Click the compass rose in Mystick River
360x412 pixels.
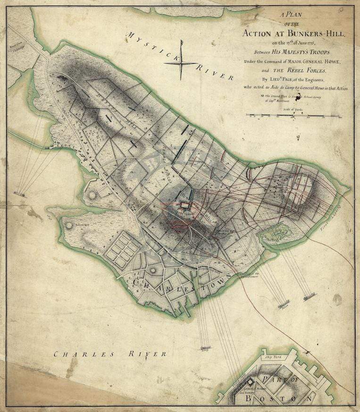coord(181,59)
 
